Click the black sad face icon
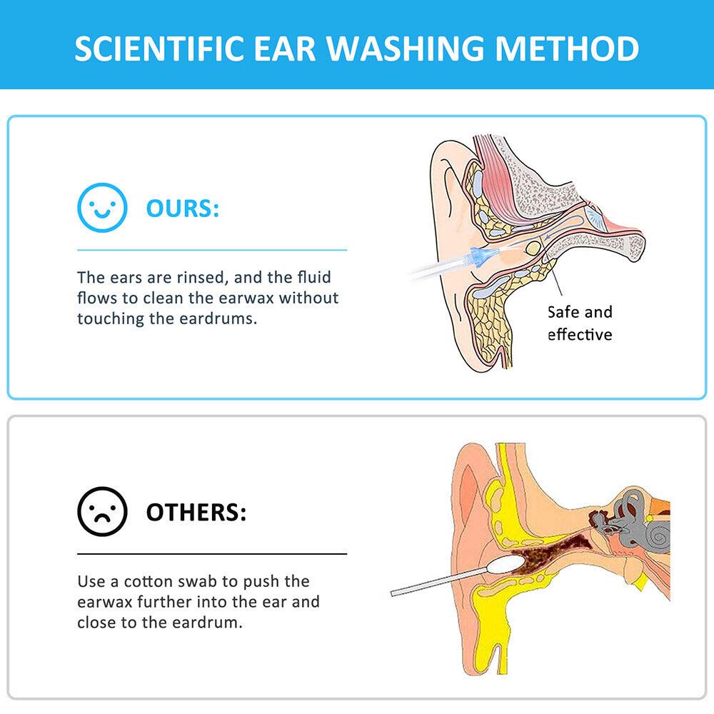click(102, 512)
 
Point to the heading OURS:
click(183, 209)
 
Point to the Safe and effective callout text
click(580, 323)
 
